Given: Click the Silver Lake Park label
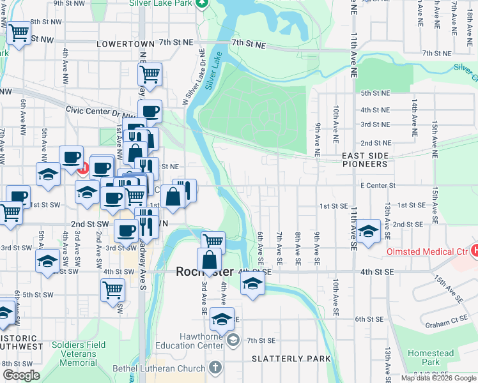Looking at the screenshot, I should tap(160, 3).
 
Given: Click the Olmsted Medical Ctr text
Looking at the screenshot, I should tap(426, 252).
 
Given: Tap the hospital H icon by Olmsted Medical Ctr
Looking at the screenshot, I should tap(474, 251).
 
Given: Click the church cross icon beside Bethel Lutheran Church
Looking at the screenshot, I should tap(215, 368).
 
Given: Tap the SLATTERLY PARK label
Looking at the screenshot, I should tap(291, 359).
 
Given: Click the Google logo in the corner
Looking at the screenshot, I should tap(21, 375).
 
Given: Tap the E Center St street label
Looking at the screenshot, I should tap(378, 185).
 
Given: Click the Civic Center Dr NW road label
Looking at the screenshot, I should tap(96, 110).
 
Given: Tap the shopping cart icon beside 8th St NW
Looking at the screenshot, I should tap(19, 33).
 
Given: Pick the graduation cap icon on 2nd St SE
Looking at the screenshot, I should tap(369, 230).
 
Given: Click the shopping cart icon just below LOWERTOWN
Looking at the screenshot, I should tap(150, 73).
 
